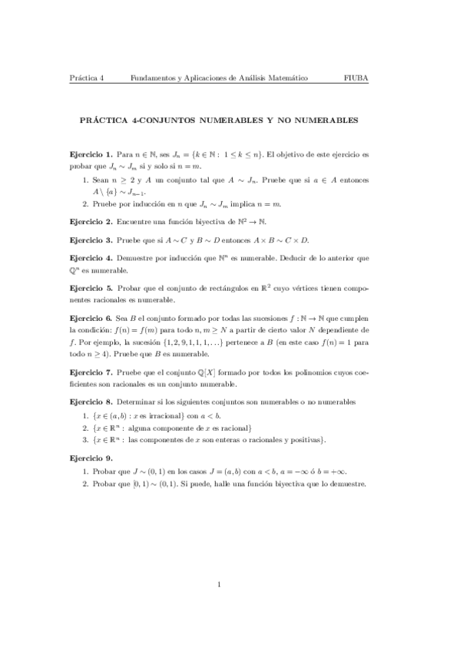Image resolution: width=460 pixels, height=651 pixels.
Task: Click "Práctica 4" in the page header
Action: [x=86, y=78]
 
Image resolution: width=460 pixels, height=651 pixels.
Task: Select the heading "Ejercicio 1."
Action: [x=91, y=155]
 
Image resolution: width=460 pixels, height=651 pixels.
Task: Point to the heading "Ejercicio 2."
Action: [x=91, y=220]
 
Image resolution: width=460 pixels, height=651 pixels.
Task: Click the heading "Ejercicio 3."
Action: [x=91, y=239]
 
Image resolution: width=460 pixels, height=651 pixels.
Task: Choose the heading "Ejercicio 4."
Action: [x=91, y=258]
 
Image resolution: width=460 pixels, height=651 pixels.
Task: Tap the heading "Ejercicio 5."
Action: [x=91, y=287]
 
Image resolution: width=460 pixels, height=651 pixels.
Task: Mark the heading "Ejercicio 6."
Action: [x=91, y=316]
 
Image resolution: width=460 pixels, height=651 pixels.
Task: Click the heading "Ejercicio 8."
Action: [x=91, y=402]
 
